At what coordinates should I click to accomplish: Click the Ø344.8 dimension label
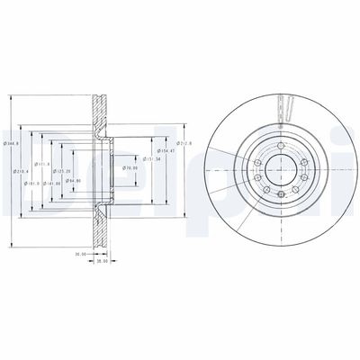[7, 143]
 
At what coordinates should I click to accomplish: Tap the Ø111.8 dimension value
[40, 164]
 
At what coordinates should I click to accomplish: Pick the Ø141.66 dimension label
[53, 183]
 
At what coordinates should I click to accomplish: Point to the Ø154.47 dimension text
[162, 150]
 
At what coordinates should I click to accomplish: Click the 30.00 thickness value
[79, 254]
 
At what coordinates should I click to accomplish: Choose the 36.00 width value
[102, 262]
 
